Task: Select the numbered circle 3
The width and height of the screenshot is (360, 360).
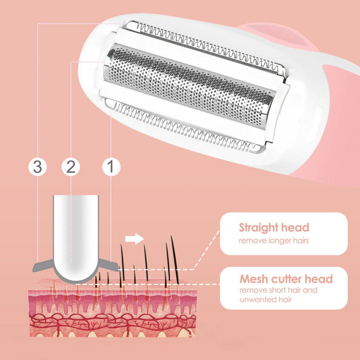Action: click(38, 166)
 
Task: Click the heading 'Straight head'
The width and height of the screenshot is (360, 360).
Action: click(274, 228)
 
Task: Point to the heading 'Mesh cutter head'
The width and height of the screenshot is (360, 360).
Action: click(286, 279)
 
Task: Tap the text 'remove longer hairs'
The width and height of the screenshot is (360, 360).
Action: click(274, 241)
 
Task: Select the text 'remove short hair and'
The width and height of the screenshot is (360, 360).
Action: click(278, 290)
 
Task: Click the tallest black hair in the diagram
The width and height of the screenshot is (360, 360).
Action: click(171, 259)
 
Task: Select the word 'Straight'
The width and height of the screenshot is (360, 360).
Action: click(258, 228)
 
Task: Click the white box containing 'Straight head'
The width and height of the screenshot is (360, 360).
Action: click(283, 234)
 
